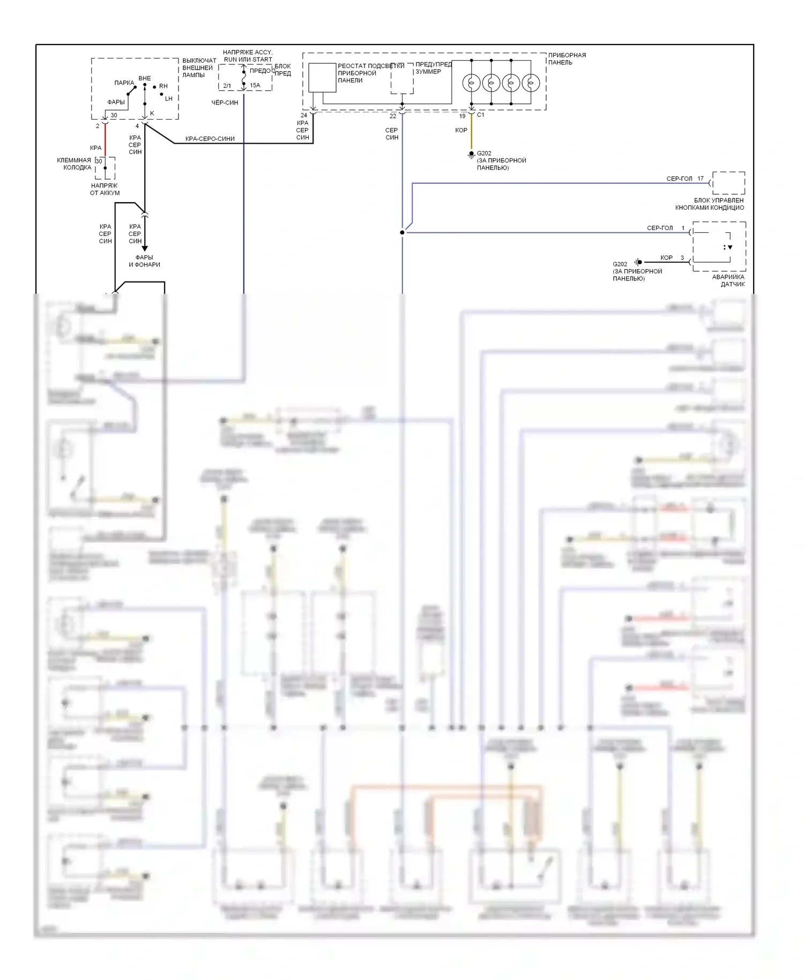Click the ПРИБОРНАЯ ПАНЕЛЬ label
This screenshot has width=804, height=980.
567,59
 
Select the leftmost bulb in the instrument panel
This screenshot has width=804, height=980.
471,83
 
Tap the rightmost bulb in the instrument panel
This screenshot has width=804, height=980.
531,83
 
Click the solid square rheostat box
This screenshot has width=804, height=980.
322,78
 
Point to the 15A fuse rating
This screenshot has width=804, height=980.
255,85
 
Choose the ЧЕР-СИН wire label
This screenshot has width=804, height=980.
225,102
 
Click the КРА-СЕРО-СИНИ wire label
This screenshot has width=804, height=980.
210,139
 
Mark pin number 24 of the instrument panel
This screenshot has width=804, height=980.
304,115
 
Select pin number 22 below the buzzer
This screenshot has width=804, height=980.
393,116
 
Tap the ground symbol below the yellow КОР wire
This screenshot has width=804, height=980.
471,155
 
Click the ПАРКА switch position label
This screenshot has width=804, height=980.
124,83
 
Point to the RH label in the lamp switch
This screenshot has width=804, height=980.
163,86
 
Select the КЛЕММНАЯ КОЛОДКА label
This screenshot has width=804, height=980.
75,164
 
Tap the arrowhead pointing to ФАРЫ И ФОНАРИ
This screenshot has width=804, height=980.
145,248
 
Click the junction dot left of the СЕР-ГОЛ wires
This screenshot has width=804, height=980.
402,233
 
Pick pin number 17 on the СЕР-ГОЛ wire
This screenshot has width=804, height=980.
701,179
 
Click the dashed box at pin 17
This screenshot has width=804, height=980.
728,183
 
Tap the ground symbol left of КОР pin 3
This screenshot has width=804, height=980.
638,262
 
